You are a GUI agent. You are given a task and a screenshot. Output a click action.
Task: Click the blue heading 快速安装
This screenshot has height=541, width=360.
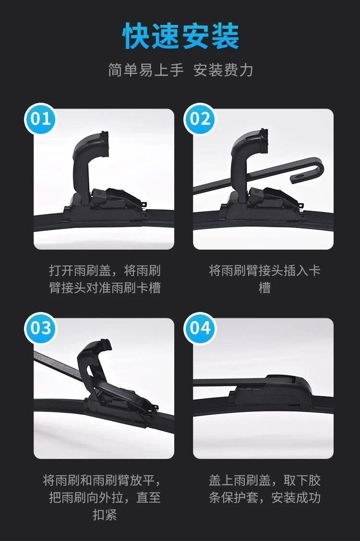tap(180, 36)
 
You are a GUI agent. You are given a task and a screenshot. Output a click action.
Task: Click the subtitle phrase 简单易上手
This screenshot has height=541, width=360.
tap(145, 70)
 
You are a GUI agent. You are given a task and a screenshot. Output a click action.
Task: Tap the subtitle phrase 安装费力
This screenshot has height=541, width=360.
tap(223, 70)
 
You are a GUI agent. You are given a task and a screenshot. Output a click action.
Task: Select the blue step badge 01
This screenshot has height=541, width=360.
tap(40, 119)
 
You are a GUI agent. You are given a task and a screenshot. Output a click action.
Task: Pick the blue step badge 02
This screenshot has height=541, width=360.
tap(200, 119)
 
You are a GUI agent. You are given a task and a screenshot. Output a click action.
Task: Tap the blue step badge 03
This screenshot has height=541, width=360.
tap(40, 328)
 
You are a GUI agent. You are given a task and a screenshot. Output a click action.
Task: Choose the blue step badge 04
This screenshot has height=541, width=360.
tap(200, 328)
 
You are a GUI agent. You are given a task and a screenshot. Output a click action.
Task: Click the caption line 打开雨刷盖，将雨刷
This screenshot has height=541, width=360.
tap(105, 271)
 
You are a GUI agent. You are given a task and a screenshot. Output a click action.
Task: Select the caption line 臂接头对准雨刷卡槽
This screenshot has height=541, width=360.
tap(105, 288)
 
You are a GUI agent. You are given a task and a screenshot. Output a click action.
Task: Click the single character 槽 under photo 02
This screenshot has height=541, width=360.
tap(265, 288)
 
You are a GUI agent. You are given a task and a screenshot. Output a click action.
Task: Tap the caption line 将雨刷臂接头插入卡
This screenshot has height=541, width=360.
tap(265, 271)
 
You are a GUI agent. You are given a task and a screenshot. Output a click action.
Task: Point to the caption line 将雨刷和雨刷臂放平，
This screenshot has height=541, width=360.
tap(102, 480)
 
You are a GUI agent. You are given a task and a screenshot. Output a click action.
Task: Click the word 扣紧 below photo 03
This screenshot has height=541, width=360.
tap(105, 515)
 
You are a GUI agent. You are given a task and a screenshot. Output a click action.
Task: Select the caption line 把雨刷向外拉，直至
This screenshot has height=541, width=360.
tap(105, 497)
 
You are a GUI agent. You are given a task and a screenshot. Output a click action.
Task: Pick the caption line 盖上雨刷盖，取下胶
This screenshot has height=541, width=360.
tap(265, 480)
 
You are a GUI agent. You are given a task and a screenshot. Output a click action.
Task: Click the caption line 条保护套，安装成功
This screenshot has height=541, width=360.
tap(265, 497)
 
